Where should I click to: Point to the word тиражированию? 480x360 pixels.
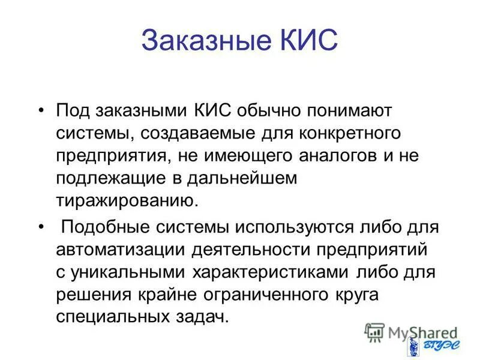[x=126, y=200]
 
